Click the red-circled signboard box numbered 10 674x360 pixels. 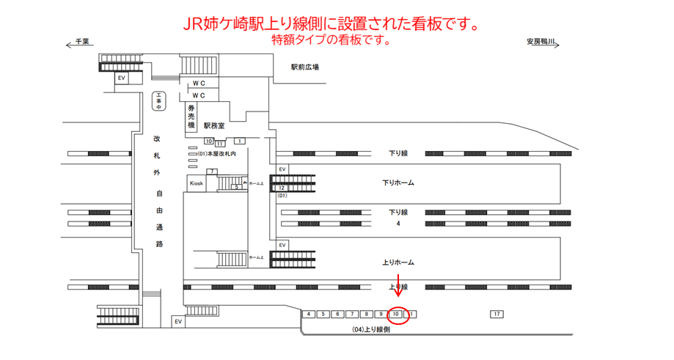point(396,315)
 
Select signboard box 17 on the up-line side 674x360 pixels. point(497,315)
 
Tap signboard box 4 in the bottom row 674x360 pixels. point(309,315)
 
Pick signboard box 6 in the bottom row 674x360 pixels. point(337,315)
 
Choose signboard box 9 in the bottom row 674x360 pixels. point(381,315)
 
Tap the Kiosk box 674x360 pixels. point(196,183)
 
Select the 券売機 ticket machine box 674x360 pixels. point(191,117)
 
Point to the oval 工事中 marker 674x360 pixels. point(158,101)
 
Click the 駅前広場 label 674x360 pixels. point(304,67)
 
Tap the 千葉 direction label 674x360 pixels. point(82,42)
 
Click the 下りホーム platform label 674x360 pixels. point(398,183)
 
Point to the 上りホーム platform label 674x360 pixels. point(398,262)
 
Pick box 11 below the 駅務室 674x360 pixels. point(219,144)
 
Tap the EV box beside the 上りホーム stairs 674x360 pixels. point(282,245)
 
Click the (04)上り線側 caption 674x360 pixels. point(371,330)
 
